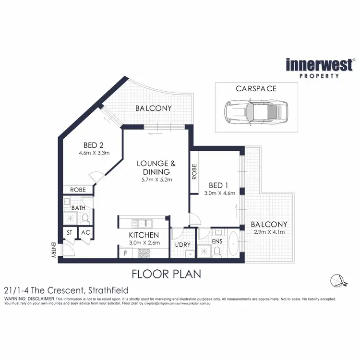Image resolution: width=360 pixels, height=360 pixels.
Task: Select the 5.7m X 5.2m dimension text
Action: coord(154,180)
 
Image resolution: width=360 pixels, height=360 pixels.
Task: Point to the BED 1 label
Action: coord(218,185)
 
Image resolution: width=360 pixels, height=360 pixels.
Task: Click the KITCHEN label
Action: coord(144,235)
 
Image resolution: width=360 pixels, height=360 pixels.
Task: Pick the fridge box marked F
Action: coord(126,253)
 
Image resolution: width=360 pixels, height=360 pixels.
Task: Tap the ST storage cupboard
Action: coord(69,233)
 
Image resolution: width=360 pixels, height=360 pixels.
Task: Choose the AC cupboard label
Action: coord(85,233)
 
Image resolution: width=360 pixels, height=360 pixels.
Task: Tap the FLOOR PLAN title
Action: coord(166,274)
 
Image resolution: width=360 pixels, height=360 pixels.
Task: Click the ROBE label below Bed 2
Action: coord(77,190)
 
